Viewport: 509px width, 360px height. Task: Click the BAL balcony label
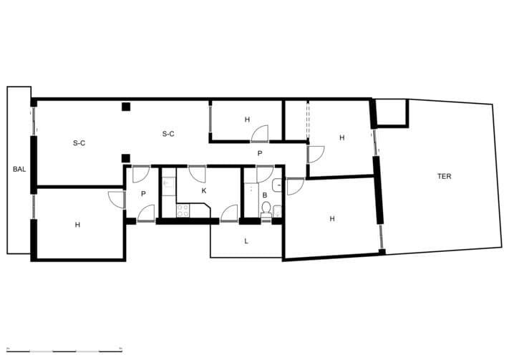pos(19,169)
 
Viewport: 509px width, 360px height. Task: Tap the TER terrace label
pos(444,176)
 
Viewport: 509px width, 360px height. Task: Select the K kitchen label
pos(204,190)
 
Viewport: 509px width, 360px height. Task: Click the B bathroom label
pos(265,195)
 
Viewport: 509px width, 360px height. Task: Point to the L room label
pos(246,241)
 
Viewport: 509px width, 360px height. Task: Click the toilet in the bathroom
pos(266,210)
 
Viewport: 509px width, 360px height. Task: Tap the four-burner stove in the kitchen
pos(183,210)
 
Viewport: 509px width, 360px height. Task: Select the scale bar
pos(64,349)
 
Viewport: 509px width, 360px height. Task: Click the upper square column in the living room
pos(126,107)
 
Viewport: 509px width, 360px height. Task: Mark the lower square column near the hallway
pos(125,158)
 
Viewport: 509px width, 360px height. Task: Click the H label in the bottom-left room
pos(77,225)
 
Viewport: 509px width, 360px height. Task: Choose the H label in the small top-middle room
pos(248,120)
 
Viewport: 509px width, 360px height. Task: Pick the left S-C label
pos(79,143)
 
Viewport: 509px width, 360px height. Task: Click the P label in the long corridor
pos(260,153)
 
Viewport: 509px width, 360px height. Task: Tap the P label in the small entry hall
pos(143,194)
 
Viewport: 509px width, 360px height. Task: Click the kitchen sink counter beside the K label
pos(169,187)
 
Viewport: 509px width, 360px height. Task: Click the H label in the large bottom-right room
pos(332,219)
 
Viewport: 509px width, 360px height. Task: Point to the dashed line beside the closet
pos(307,120)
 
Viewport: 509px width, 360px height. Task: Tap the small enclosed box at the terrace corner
pos(391,112)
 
